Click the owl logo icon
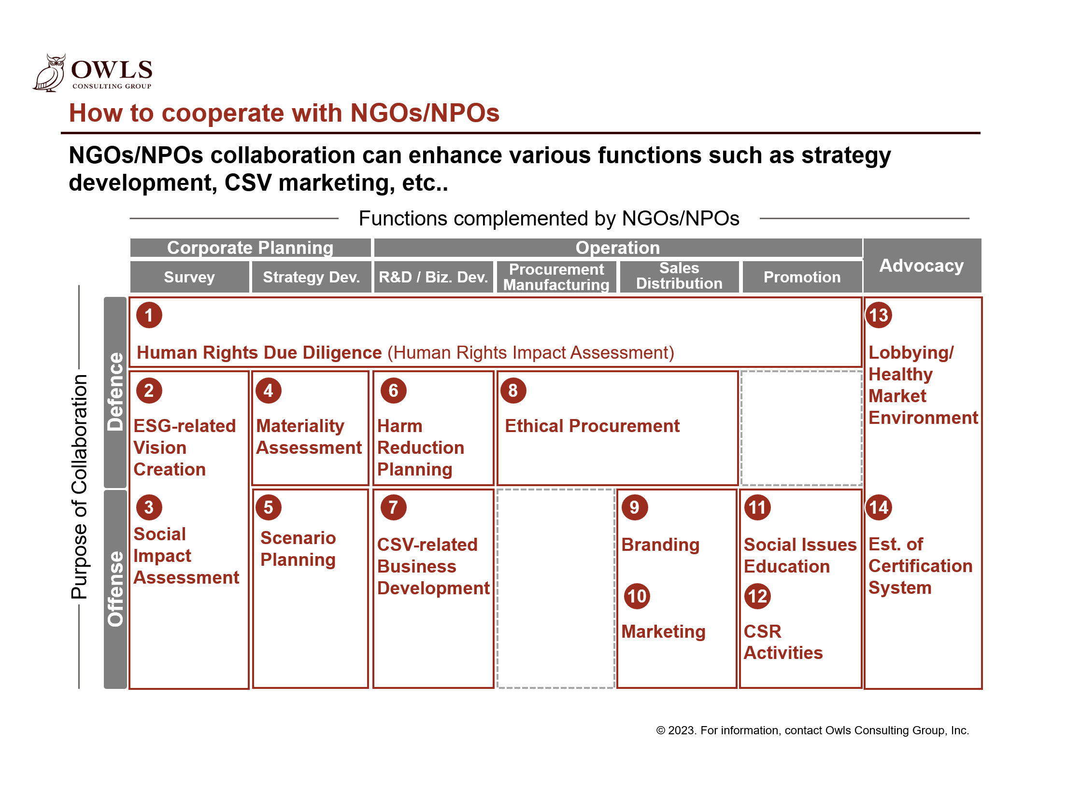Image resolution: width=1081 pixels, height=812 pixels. click(x=49, y=73)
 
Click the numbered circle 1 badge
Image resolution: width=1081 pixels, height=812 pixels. click(x=149, y=315)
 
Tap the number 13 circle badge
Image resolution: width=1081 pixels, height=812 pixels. click(x=878, y=315)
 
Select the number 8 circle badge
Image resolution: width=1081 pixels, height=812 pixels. click(x=512, y=391)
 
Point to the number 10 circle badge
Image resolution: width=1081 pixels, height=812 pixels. click(x=636, y=596)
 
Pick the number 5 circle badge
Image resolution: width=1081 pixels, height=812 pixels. click(x=268, y=507)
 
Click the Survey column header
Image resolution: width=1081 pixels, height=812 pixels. click(x=189, y=277)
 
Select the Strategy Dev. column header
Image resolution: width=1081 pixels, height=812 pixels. click(x=311, y=277)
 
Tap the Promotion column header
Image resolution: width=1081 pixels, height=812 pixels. click(x=801, y=277)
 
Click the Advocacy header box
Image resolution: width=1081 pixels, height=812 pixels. click(x=921, y=266)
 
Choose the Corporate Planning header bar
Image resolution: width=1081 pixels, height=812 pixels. click(x=250, y=248)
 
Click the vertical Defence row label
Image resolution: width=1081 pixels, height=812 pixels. click(x=115, y=392)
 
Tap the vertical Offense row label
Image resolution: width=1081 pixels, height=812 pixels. click(x=115, y=589)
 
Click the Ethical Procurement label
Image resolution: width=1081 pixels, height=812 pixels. click(x=592, y=426)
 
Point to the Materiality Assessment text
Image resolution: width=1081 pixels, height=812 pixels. click(x=309, y=437)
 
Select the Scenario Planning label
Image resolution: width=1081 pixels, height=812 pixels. click(x=298, y=549)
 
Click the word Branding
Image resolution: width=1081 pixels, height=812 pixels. click(x=660, y=545)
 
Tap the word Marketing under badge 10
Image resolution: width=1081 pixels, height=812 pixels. click(x=663, y=632)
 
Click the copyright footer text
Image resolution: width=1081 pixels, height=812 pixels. click(x=812, y=730)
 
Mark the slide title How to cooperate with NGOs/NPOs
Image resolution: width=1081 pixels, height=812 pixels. click(x=284, y=113)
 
